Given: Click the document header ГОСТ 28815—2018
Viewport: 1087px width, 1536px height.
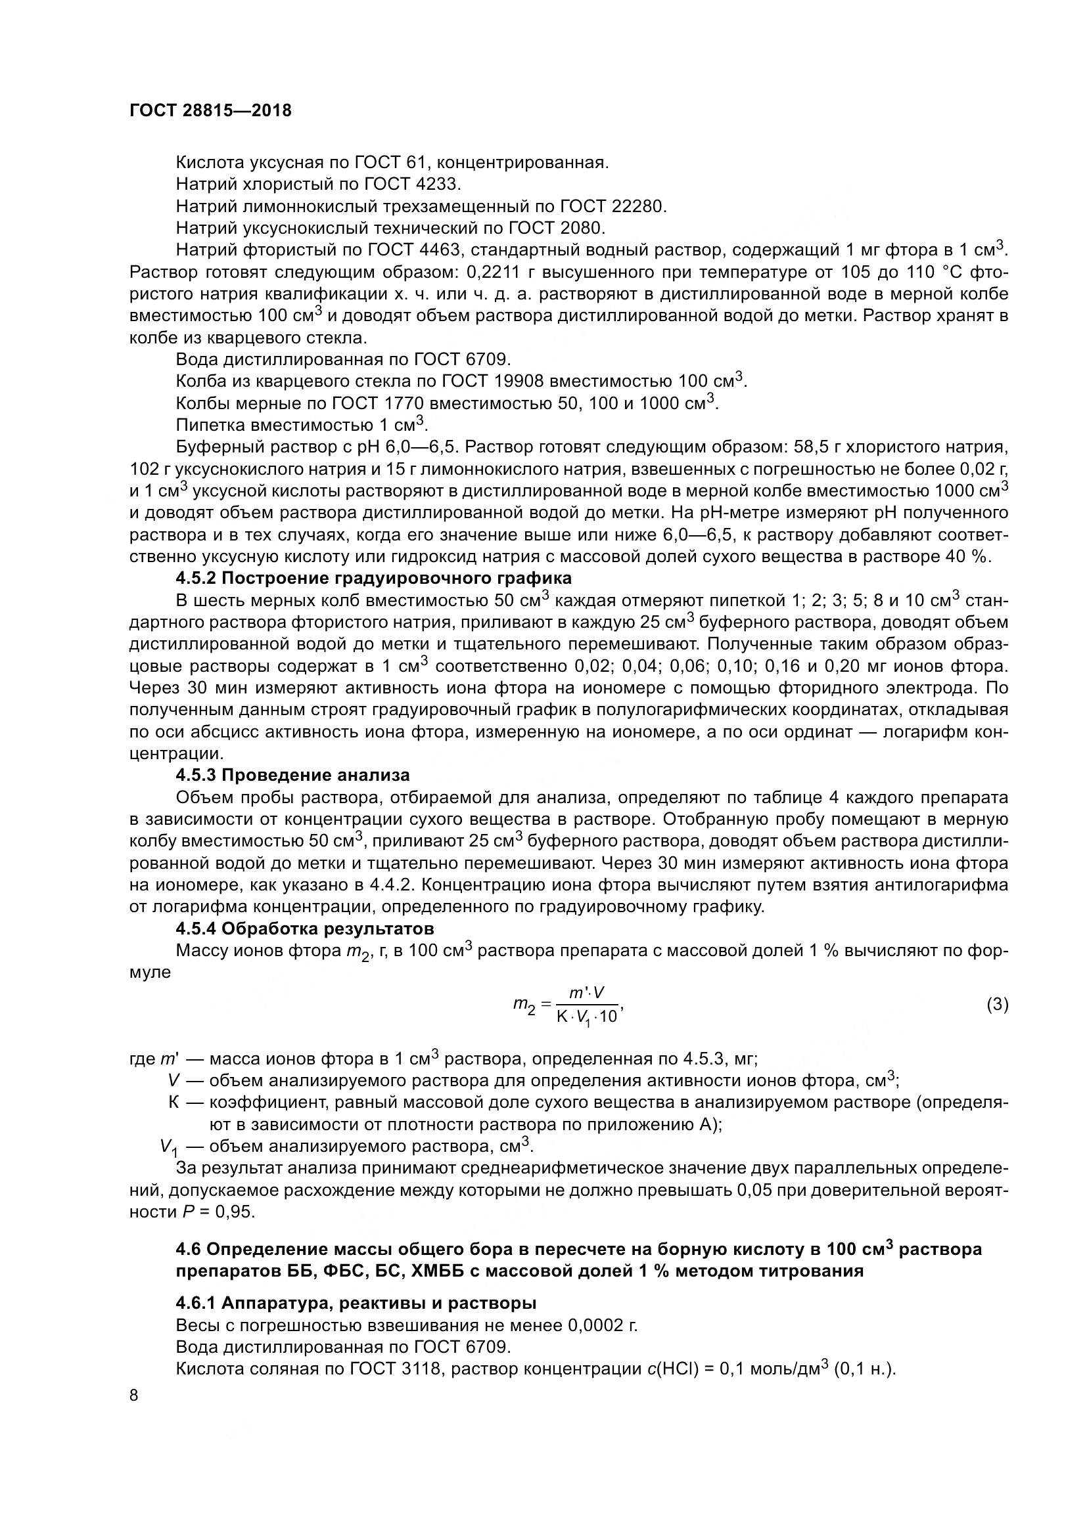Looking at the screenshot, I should [210, 111].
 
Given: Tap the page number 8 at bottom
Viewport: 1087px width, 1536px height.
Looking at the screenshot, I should [134, 1395].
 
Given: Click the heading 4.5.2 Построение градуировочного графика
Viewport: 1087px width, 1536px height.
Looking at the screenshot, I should [373, 578].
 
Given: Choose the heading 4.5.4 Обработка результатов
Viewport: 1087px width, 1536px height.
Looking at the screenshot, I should [304, 929].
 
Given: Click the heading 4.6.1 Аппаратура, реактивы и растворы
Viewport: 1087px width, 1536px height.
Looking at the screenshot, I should [356, 1303].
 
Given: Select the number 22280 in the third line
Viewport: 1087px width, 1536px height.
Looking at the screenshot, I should [639, 206].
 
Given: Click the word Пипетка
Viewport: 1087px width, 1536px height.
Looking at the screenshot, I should [210, 426].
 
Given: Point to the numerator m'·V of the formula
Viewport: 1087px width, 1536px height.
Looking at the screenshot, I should [586, 993].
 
